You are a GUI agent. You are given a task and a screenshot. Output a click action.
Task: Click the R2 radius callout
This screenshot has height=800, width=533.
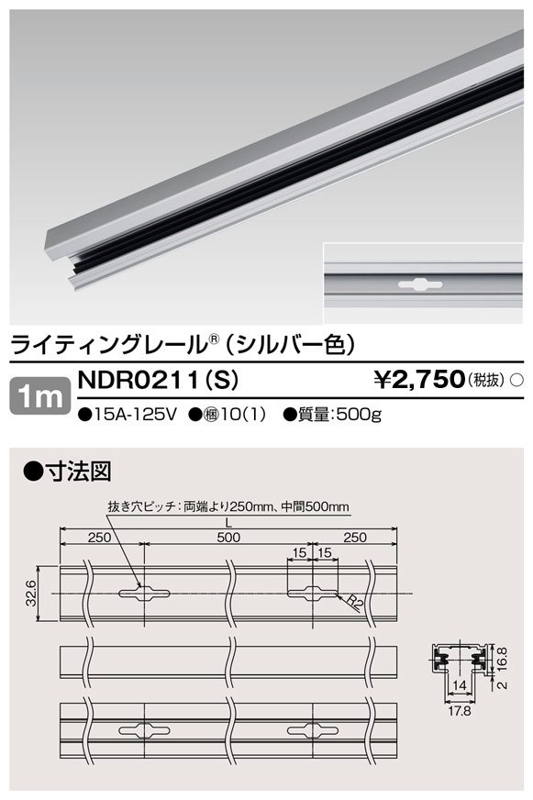pyautogui.click(x=355, y=605)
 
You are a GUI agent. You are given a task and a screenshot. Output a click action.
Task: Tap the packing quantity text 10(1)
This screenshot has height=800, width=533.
pyautogui.click(x=240, y=414)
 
